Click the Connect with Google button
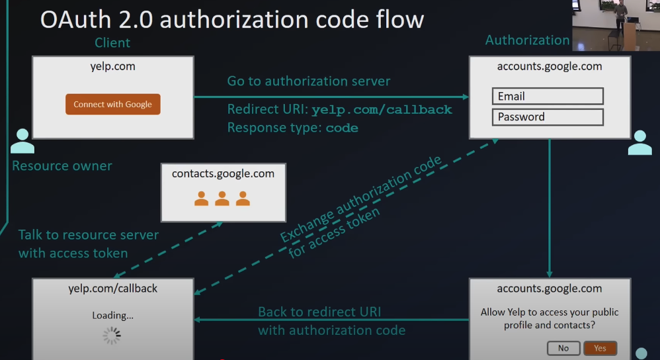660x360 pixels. point(112,105)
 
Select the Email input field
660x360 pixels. point(548,97)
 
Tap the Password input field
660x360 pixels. point(548,117)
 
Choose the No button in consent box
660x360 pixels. point(563,348)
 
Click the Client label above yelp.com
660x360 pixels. point(112,43)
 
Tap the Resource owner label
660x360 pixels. point(62,165)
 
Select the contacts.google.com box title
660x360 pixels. point(223,174)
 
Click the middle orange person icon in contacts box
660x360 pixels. point(222,198)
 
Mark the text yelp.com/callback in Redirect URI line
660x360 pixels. point(382,110)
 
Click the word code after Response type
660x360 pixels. point(342,128)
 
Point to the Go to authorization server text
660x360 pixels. point(309,81)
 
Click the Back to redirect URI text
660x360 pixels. point(319,312)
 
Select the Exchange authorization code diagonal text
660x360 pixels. point(361,199)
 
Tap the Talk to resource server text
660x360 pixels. point(88,235)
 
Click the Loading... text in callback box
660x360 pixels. point(112,315)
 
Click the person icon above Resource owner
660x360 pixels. point(22,141)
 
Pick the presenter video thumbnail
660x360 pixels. point(615,25)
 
